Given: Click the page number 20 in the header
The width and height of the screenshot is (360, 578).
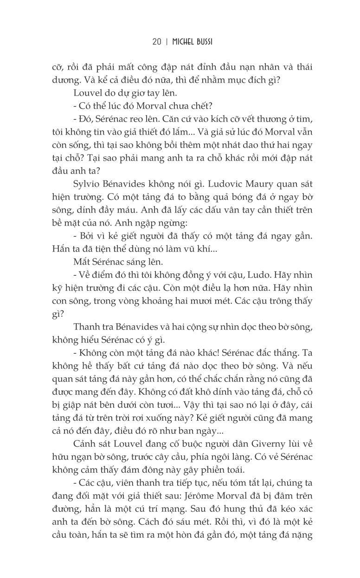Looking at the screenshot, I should [x=156, y=42].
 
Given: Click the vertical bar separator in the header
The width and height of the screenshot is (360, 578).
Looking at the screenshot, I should [x=166, y=42].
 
